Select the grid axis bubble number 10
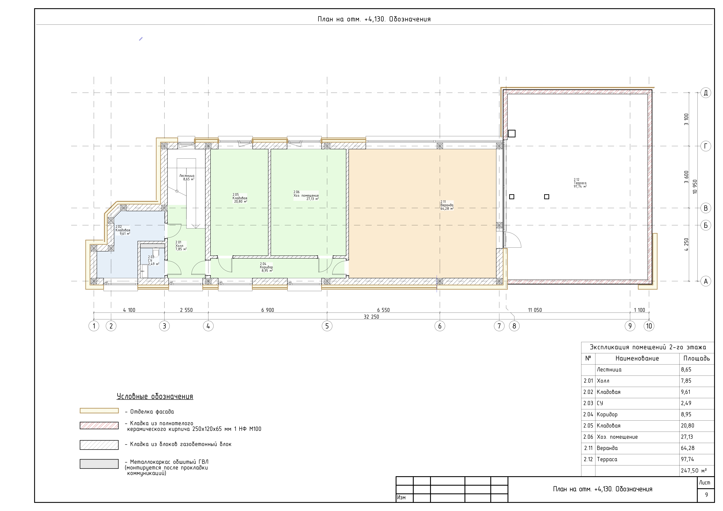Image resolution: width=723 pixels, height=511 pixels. [x=649, y=326]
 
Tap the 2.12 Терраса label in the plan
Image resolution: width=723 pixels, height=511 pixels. [x=580, y=183]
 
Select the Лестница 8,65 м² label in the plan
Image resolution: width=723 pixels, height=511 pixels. [x=187, y=177]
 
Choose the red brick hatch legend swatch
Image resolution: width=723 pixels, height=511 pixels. [x=99, y=425]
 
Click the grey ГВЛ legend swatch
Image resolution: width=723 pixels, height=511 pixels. [x=99, y=464]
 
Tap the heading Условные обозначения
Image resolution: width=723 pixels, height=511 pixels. [x=155, y=397]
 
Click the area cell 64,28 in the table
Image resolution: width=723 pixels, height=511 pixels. [x=688, y=448]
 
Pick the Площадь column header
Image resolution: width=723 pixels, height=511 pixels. [x=697, y=358]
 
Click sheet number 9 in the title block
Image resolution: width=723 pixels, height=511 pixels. [x=706, y=495]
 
